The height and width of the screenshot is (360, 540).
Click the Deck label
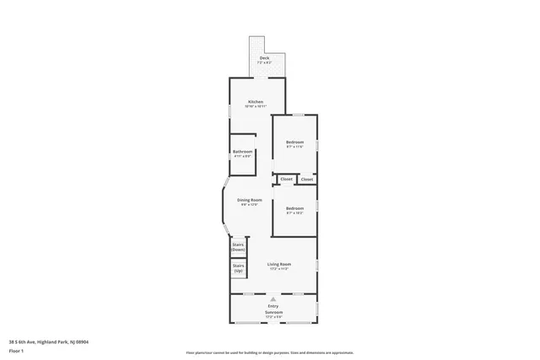[264, 57]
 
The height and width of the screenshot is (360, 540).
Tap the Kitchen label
[255, 102]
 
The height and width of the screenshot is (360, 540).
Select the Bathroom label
[243, 152]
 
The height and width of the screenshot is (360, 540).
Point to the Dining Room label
[250, 199]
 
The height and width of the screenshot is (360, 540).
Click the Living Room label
[279, 265]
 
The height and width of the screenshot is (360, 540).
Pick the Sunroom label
[273, 312]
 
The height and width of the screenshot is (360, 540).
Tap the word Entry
[273, 306]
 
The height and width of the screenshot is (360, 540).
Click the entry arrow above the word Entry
[273, 298]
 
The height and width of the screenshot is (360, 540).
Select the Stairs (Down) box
[238, 248]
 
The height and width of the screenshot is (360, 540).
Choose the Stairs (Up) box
[238, 268]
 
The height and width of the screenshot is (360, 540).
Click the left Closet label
[286, 180]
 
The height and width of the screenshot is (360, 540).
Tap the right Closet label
[306, 180]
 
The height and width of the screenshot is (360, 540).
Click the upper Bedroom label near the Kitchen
[294, 142]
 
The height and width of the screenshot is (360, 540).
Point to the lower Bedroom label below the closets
[294, 208]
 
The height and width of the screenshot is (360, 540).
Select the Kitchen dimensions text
[255, 107]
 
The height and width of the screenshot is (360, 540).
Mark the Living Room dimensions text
[279, 270]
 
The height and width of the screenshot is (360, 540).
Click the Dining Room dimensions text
[250, 204]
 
